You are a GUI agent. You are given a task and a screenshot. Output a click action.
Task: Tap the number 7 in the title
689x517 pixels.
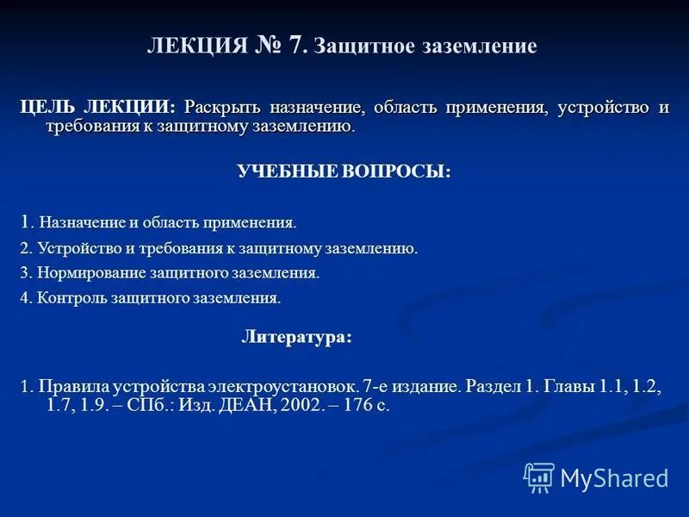click(x=298, y=46)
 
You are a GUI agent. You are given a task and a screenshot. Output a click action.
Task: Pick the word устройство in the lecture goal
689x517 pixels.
click(x=602, y=108)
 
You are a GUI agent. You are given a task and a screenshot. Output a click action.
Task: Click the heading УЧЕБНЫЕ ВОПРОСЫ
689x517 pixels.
click(x=344, y=171)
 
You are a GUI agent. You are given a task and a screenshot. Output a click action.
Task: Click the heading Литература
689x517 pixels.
click(x=295, y=338)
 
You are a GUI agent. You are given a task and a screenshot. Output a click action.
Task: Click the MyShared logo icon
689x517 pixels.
click(x=539, y=477)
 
